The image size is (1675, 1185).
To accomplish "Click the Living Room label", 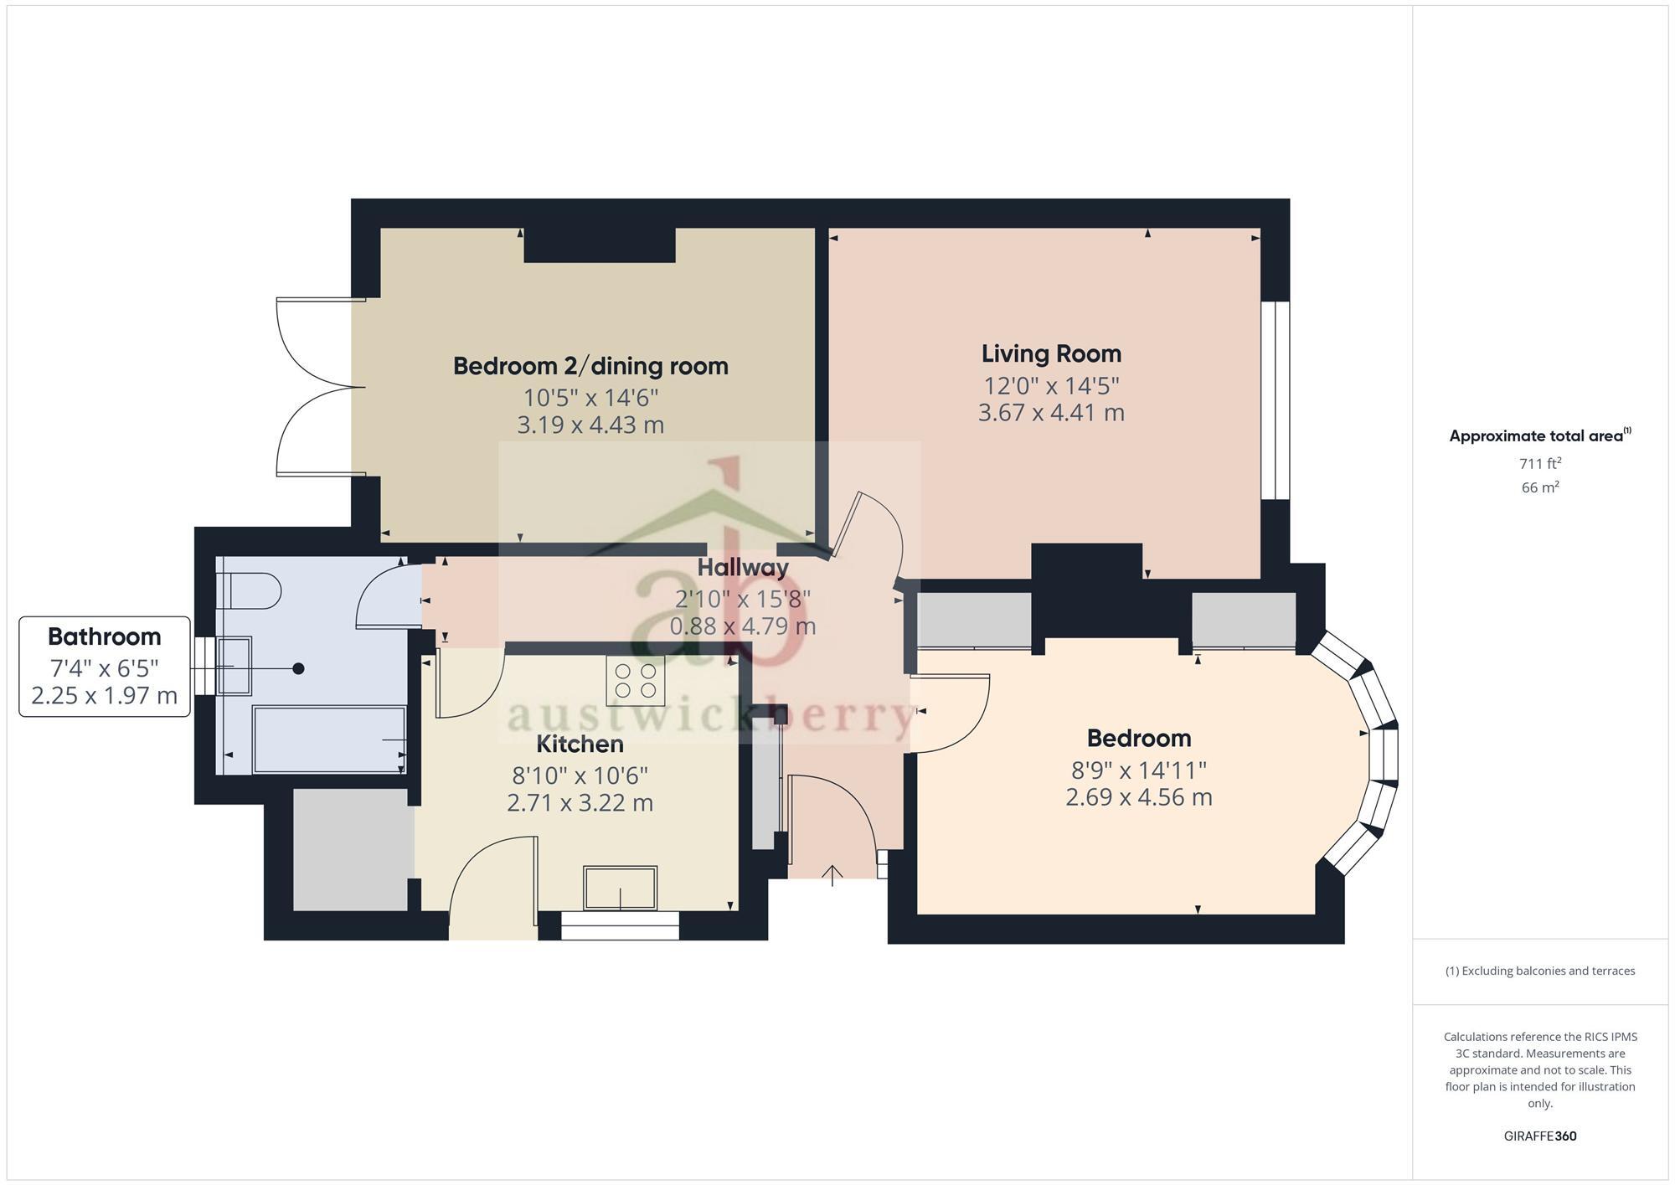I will click(x=1051, y=354).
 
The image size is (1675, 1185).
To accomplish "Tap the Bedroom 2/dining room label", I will click(x=590, y=366).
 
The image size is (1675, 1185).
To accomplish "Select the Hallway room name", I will click(x=743, y=568).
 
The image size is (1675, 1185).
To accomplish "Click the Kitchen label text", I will click(x=580, y=744).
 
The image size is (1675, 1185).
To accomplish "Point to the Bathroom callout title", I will click(x=105, y=636).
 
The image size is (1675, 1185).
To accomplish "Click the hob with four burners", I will click(x=636, y=680).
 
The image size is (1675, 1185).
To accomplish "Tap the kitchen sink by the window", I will click(x=621, y=889).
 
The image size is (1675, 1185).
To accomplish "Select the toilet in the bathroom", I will click(x=249, y=591).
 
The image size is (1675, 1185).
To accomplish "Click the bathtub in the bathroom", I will click(x=329, y=739).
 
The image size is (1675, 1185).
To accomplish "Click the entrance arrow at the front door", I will click(x=832, y=876).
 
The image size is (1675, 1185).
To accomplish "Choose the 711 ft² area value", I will click(x=1539, y=463).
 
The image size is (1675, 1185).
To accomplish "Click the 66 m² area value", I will click(x=1539, y=487).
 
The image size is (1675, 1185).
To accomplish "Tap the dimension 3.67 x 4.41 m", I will click(x=1051, y=413).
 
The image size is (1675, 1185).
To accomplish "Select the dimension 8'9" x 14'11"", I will click(x=1138, y=770).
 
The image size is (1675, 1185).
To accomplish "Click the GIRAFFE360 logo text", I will click(x=1539, y=1136).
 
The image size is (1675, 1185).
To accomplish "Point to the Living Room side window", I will click(x=1275, y=400).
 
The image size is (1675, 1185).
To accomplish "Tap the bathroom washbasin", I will click(x=234, y=667).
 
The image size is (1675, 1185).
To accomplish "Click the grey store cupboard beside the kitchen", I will click(x=353, y=848).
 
